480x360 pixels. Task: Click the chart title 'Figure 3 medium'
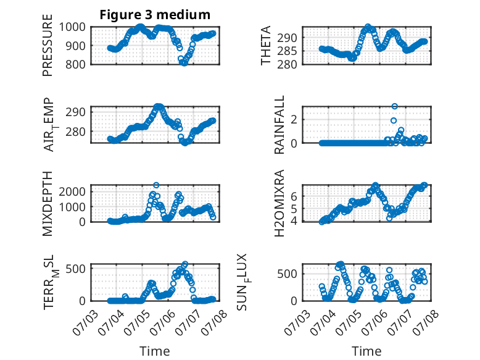point(155,15)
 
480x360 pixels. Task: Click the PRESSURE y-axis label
point(48,45)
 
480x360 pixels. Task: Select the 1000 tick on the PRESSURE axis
point(72,27)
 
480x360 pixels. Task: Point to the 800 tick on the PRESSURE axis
point(75,64)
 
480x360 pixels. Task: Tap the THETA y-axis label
point(266,45)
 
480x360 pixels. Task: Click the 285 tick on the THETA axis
point(287,51)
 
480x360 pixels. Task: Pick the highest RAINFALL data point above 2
point(395,106)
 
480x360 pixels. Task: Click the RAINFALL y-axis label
point(279,125)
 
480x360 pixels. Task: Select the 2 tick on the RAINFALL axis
point(294,120)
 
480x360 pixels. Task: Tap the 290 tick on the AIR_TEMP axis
point(75,112)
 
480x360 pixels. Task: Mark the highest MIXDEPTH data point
point(156,185)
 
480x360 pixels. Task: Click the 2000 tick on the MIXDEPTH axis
point(72,192)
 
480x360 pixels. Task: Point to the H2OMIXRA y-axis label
point(279,203)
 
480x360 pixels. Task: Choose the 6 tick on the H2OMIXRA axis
point(294,196)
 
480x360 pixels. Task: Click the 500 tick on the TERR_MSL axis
point(75,269)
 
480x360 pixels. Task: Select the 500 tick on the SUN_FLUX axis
point(287,274)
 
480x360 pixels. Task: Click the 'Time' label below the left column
point(155,351)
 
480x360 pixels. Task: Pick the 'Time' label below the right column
point(366,351)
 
